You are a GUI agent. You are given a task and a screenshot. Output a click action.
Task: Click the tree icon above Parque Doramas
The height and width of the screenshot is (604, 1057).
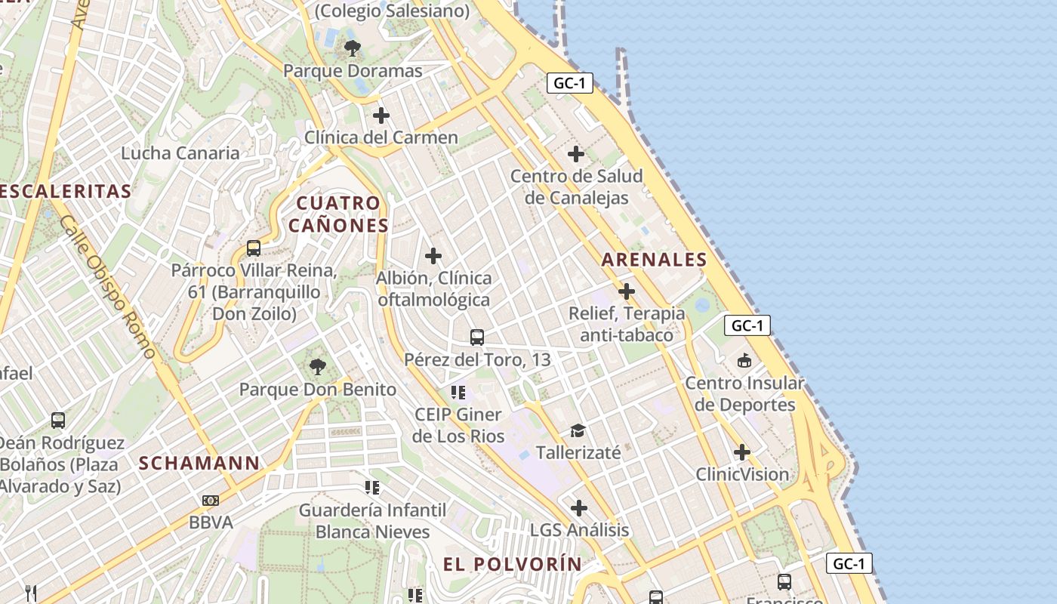(352, 49)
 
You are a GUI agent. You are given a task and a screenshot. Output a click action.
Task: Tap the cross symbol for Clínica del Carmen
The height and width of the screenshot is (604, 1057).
(381, 116)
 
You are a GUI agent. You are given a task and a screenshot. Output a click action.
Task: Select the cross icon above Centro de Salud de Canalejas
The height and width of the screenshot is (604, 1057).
(576, 154)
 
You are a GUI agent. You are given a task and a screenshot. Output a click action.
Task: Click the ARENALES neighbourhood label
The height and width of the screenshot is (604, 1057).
(654, 260)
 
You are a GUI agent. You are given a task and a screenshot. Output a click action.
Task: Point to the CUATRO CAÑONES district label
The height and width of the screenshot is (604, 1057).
(339, 214)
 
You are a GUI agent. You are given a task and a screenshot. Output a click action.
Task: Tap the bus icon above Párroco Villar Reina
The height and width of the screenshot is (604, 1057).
(254, 248)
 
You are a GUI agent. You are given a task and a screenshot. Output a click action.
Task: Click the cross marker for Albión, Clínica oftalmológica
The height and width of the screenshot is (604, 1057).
(433, 256)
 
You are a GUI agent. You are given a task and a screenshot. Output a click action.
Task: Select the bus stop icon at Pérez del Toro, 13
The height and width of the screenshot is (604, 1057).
(477, 337)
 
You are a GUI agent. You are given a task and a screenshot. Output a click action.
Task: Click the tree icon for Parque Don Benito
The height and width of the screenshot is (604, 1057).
(318, 368)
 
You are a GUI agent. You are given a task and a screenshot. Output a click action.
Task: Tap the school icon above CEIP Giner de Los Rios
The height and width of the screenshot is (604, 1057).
(458, 392)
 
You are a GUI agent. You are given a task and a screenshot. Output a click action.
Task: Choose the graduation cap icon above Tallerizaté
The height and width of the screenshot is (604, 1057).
(578, 430)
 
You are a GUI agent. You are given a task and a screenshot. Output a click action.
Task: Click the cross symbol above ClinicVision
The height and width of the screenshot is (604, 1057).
(742, 452)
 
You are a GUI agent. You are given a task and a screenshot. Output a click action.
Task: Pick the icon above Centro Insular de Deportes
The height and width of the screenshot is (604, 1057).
(744, 360)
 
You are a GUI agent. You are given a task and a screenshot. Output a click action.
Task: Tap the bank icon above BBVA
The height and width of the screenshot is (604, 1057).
(211, 500)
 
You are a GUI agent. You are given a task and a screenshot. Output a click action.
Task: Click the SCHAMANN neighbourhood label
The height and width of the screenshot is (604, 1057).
(199, 463)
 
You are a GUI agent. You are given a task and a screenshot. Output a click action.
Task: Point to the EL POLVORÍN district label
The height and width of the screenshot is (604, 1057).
(513, 564)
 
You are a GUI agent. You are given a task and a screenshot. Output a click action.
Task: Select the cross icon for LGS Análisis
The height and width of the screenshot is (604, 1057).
(579, 508)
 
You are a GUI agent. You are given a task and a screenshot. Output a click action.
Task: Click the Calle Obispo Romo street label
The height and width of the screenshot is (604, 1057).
(106, 286)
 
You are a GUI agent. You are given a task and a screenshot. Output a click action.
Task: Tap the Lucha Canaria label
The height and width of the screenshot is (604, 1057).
(180, 153)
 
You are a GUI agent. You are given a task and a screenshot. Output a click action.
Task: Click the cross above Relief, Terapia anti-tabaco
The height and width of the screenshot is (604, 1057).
(627, 291)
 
